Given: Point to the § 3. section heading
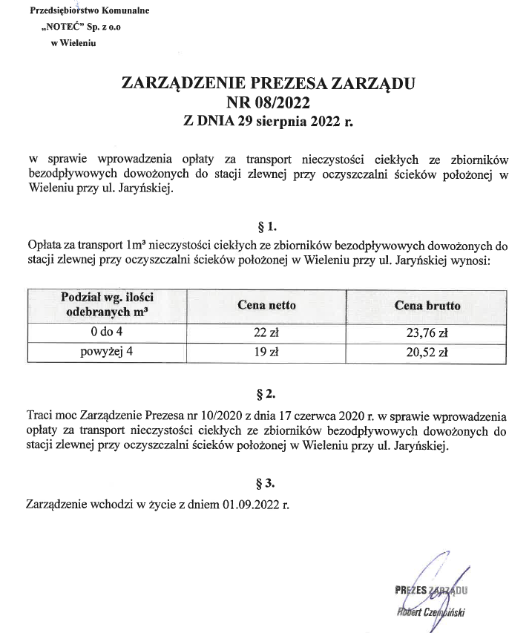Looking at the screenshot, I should pos(266,484).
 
